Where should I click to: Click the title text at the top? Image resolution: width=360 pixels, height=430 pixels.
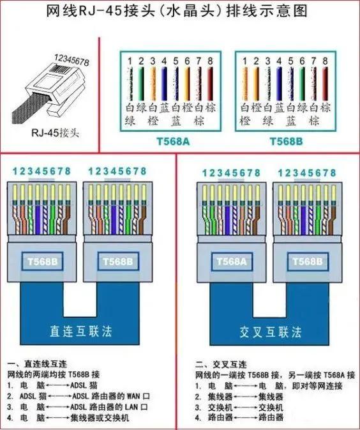click(181, 11)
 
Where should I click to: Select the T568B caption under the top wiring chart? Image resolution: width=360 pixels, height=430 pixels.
click(285, 141)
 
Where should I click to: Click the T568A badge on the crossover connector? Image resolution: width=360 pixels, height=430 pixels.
click(231, 262)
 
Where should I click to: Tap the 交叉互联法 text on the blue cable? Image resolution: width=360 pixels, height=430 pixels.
click(262, 332)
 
